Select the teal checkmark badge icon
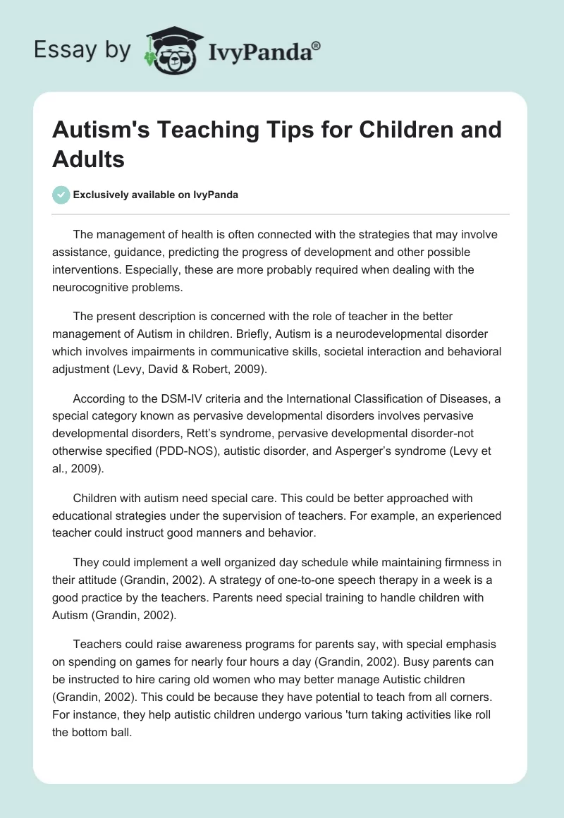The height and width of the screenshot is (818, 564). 61,195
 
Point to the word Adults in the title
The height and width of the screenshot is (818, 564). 88,159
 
